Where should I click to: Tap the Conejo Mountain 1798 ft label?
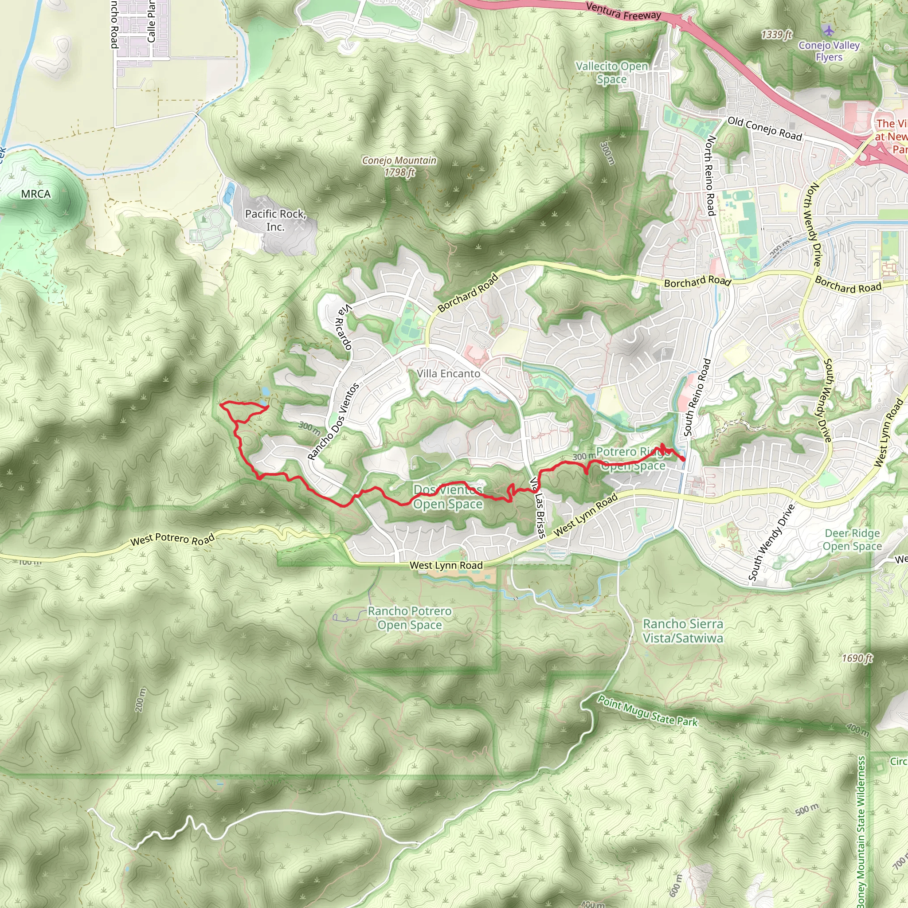(x=399, y=166)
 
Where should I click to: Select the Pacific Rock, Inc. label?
(x=275, y=220)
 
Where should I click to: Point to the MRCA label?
(x=36, y=194)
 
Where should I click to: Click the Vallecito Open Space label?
(x=611, y=73)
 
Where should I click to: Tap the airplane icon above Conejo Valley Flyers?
(x=828, y=30)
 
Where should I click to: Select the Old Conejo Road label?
(x=765, y=128)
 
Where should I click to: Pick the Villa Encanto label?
(x=448, y=374)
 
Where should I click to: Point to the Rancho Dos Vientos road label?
(x=333, y=421)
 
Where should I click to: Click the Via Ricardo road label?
(x=344, y=327)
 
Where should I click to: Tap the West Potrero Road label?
(x=172, y=540)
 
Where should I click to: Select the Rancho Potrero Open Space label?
(x=409, y=618)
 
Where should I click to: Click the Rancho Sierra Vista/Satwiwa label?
(x=683, y=631)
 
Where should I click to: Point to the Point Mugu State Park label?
(x=647, y=711)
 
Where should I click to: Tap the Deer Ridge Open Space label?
(x=852, y=540)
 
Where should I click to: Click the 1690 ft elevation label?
(x=857, y=658)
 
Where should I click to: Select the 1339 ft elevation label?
(x=776, y=35)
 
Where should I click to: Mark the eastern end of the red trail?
(x=683, y=459)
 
